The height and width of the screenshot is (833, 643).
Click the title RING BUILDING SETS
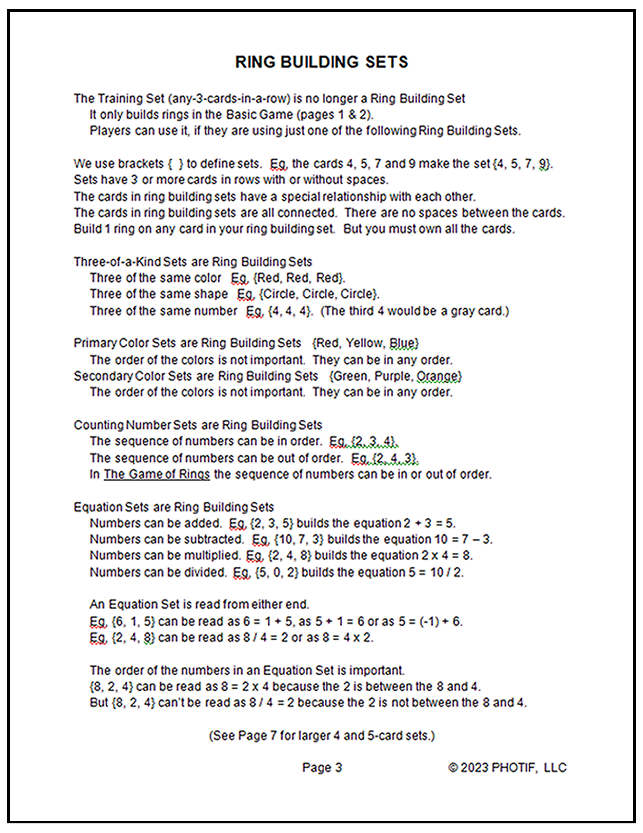(x=321, y=62)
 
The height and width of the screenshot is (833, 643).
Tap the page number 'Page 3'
(x=322, y=767)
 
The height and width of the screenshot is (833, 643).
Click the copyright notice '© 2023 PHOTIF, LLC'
(x=507, y=767)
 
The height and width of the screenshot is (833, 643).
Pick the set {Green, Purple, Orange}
(x=395, y=376)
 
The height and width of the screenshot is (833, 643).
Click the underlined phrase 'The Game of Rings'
(x=157, y=474)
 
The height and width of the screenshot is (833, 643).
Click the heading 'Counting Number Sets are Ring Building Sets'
(x=198, y=425)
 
